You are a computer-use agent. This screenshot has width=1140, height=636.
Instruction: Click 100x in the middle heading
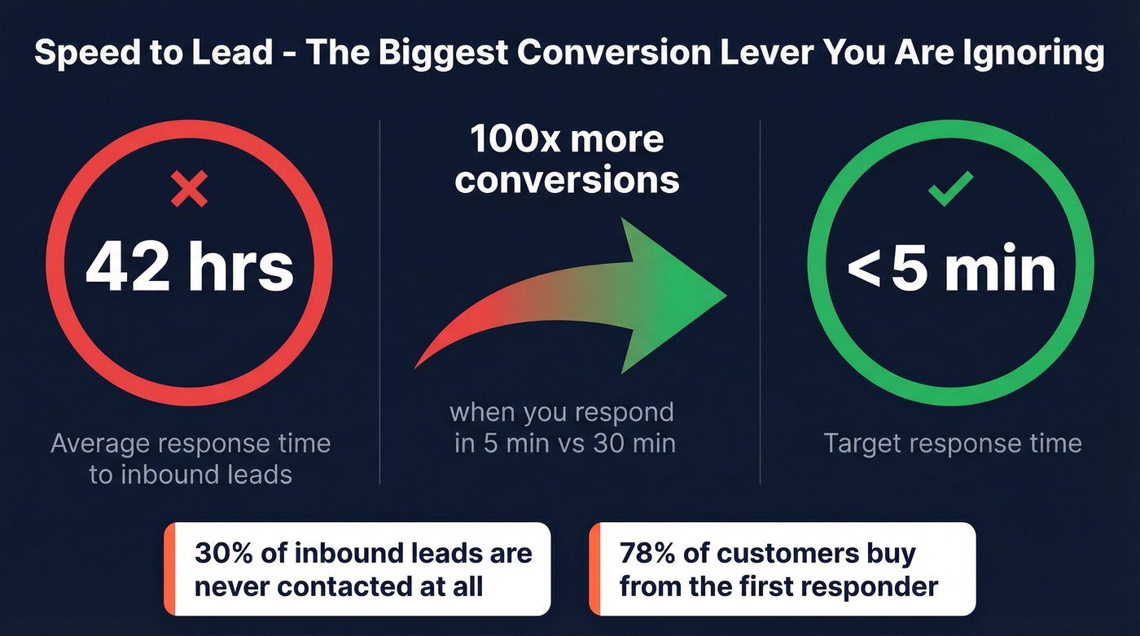tap(514, 139)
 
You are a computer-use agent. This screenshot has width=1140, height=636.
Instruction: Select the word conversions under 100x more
tap(567, 180)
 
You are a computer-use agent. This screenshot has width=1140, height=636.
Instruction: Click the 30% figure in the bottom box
tap(223, 553)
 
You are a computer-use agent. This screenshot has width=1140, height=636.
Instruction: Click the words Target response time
tap(952, 443)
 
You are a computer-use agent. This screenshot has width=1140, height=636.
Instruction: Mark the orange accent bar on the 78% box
tap(594, 568)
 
